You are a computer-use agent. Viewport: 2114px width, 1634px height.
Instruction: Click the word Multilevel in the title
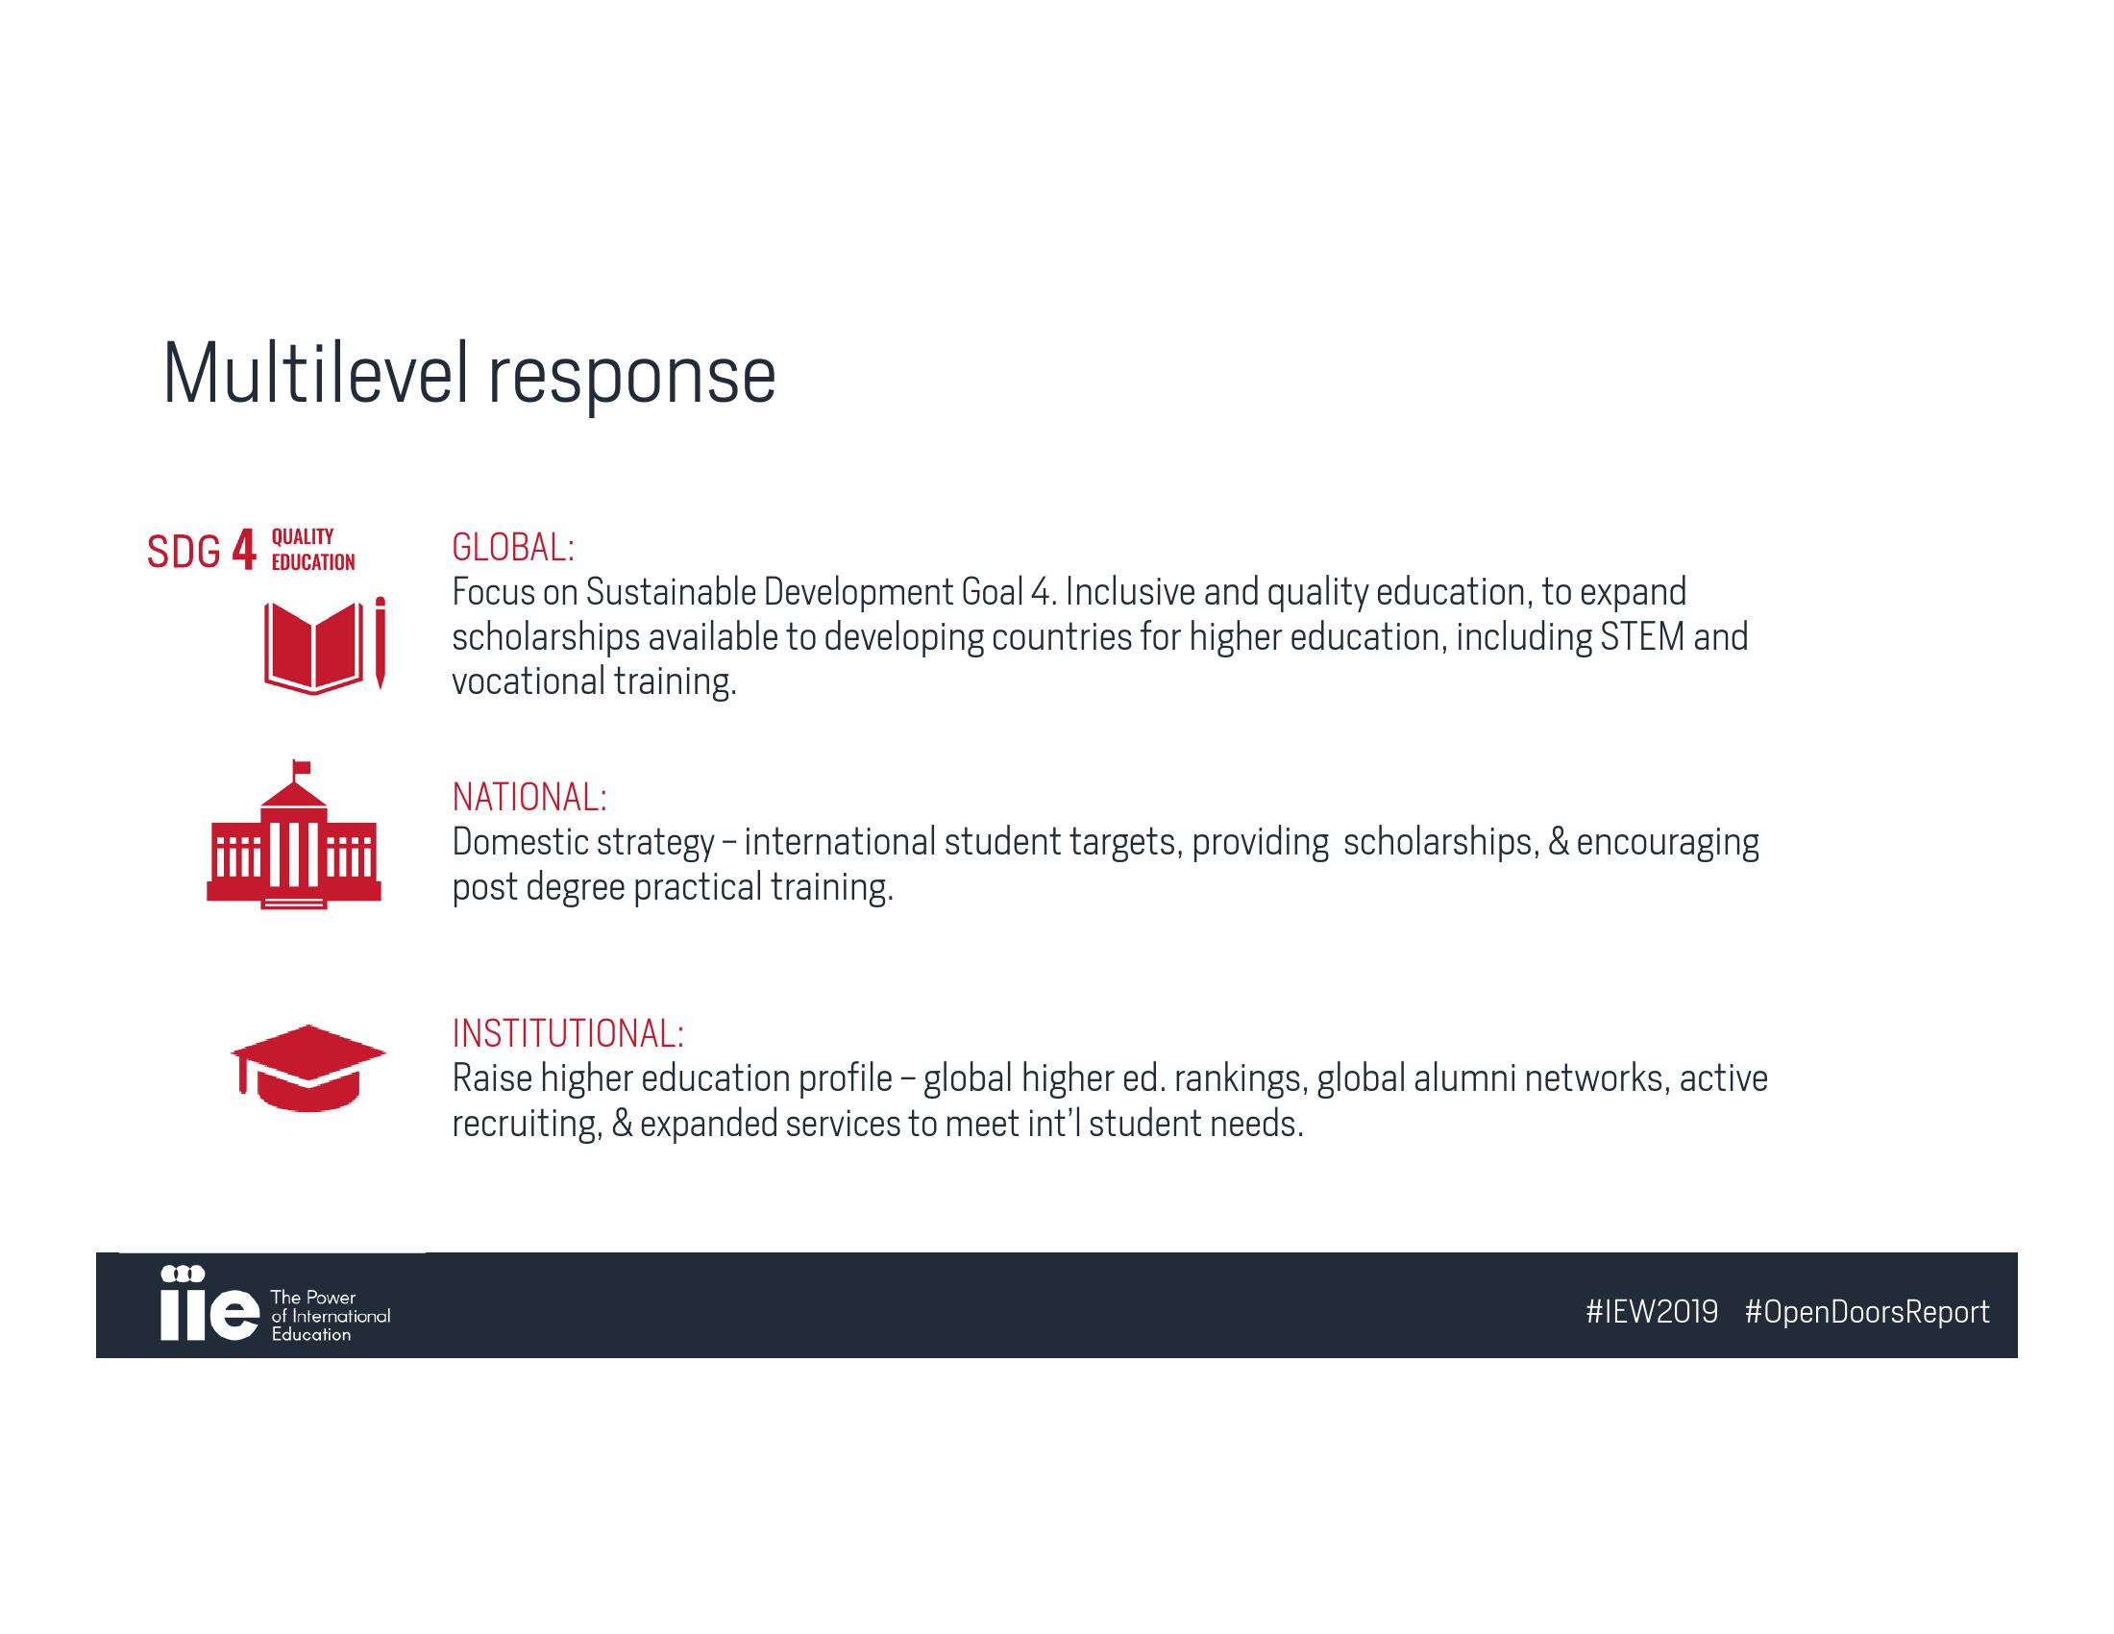[315, 375]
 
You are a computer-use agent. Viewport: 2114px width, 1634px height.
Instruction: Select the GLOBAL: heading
[513, 548]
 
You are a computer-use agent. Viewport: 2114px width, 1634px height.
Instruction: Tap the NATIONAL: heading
[529, 798]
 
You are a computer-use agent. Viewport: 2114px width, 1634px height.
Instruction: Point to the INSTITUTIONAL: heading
[568, 1034]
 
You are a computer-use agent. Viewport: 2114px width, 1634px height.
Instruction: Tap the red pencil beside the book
[381, 643]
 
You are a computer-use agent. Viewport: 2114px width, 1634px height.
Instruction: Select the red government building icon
[294, 835]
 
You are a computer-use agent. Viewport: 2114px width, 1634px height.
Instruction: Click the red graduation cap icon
[307, 1068]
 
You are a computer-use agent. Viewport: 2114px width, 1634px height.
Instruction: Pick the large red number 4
[244, 551]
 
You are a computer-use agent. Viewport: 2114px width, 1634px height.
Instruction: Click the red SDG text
[184, 552]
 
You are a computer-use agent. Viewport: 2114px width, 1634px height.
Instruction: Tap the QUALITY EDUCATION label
[312, 550]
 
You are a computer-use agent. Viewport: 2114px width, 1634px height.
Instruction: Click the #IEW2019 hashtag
[1651, 1312]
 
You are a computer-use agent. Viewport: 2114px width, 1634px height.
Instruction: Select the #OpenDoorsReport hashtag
[1867, 1313]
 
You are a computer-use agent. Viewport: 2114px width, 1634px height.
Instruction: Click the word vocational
[528, 681]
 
